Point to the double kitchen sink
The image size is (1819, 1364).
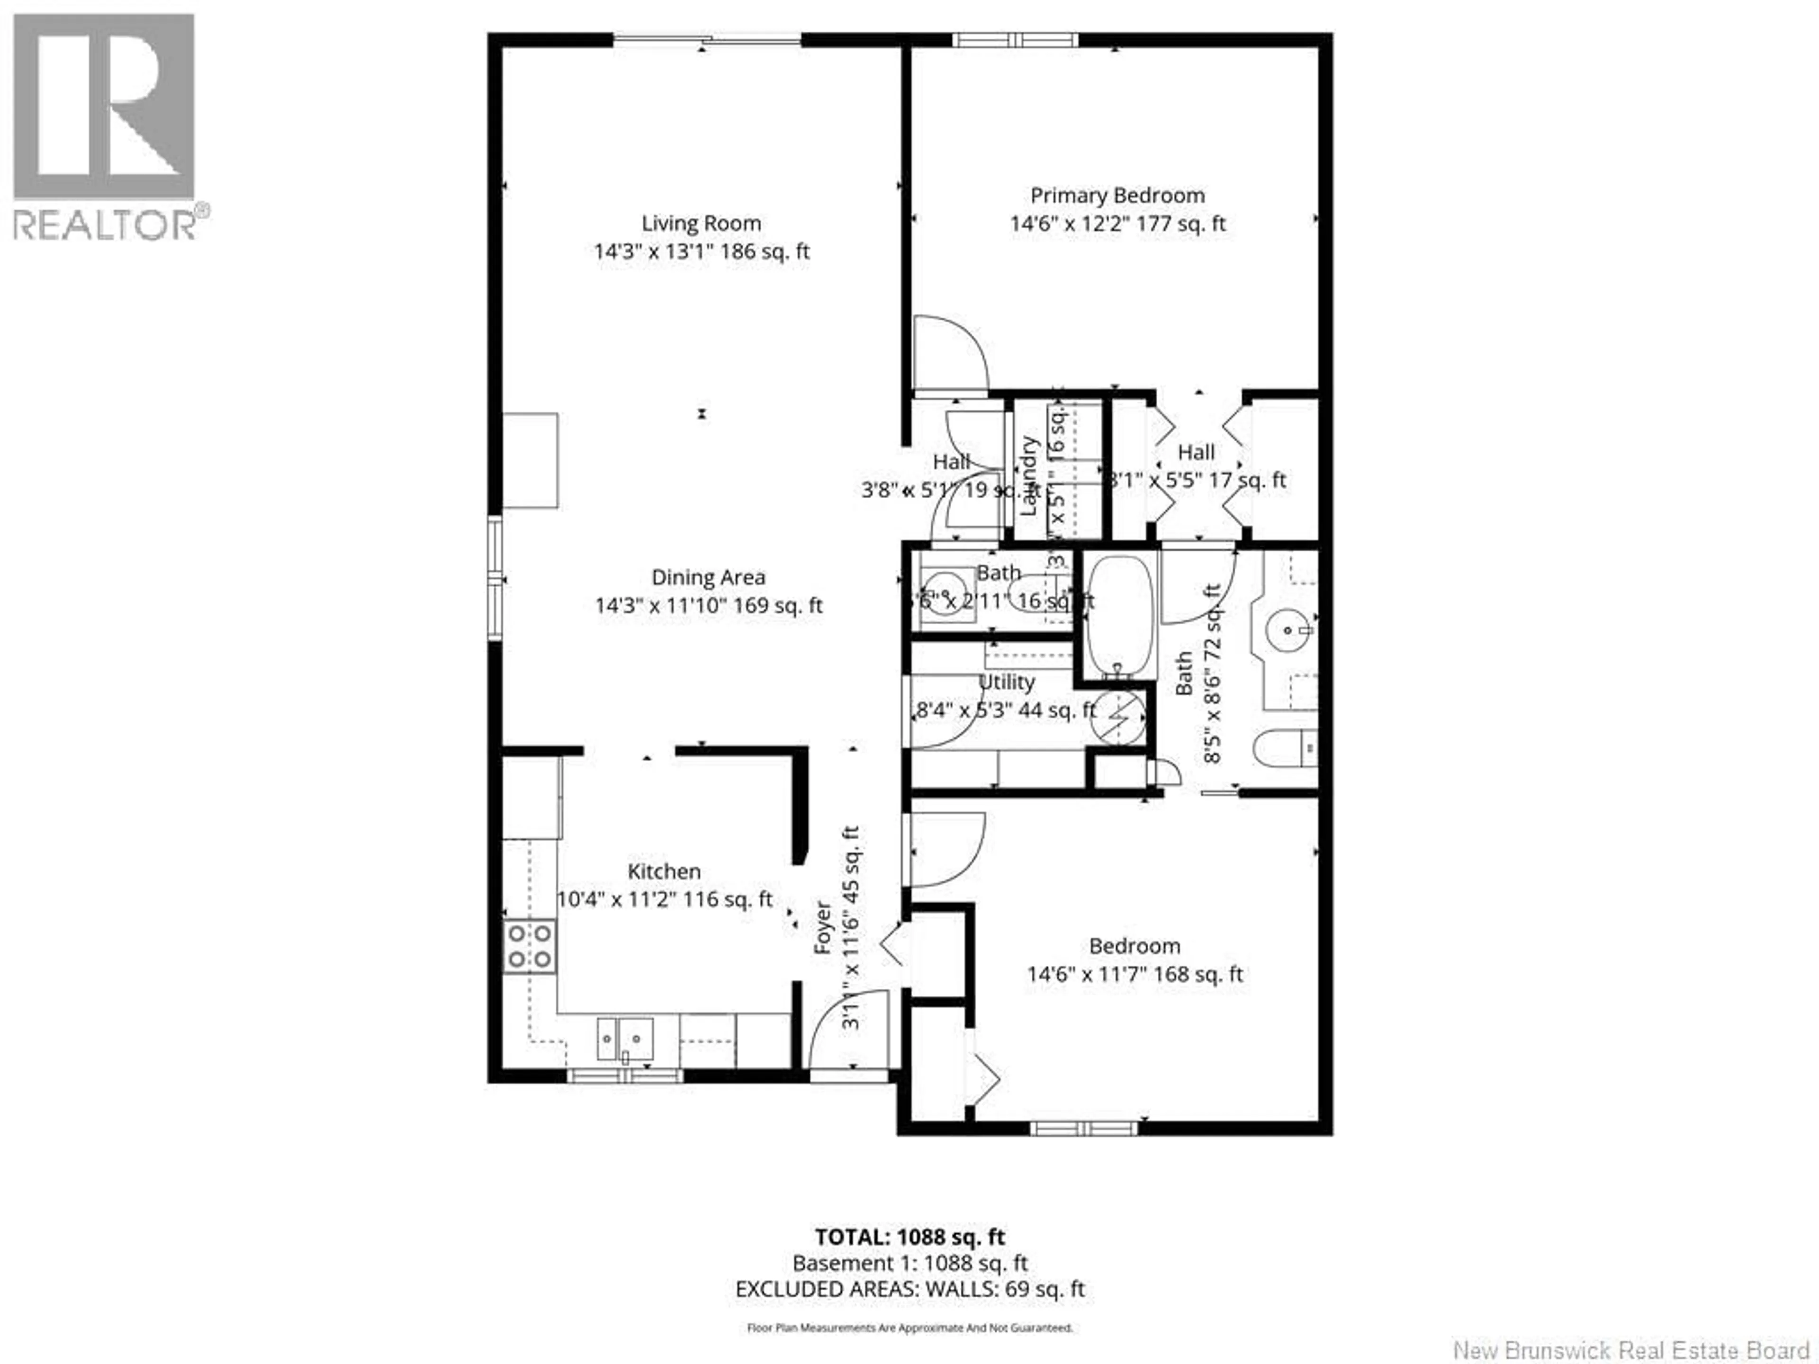click(624, 1039)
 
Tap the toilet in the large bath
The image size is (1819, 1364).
click(1283, 748)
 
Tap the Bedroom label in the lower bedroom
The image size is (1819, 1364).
click(1134, 945)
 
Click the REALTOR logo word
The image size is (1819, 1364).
click(105, 224)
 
